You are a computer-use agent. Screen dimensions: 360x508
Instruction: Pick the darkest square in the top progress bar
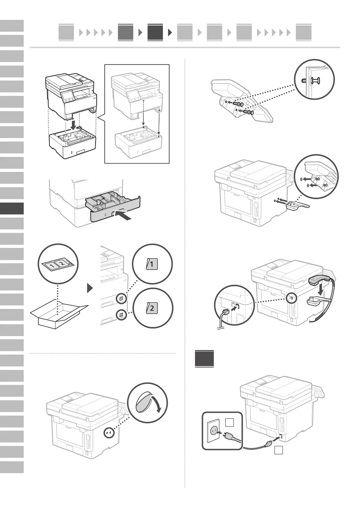click(x=155, y=32)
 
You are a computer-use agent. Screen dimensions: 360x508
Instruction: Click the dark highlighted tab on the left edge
click(x=12, y=208)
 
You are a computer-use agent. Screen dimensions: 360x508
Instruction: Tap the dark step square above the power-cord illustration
click(x=204, y=358)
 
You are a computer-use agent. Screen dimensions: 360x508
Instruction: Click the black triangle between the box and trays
click(x=90, y=288)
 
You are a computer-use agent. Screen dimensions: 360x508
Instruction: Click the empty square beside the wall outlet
click(x=229, y=423)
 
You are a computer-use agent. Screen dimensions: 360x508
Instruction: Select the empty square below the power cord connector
click(x=278, y=450)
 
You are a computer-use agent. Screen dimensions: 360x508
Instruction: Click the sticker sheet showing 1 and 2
click(x=56, y=264)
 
